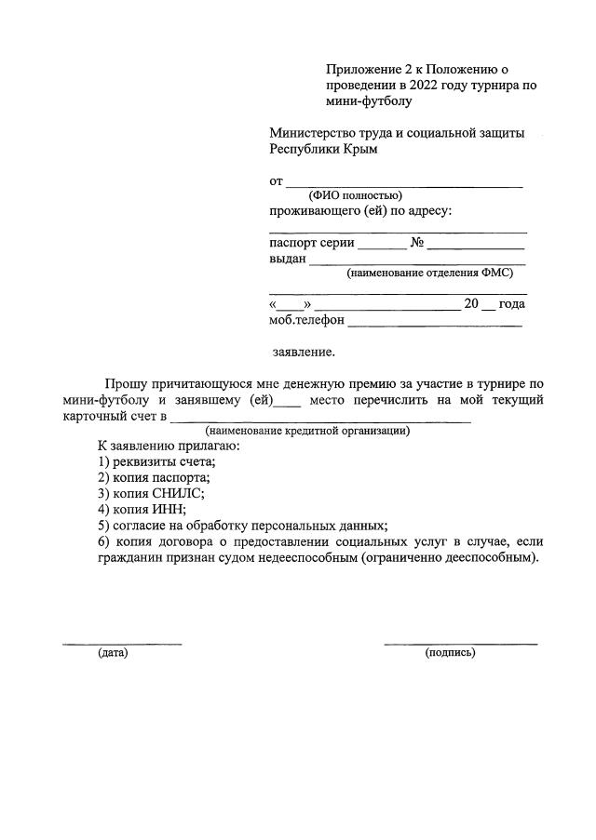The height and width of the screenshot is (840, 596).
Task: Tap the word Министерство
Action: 313,133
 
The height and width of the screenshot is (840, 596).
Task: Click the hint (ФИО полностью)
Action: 355,195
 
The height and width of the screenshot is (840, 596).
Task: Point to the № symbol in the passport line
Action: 417,243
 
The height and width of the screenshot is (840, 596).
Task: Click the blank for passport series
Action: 383,247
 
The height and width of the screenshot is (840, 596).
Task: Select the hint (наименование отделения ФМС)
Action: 429,273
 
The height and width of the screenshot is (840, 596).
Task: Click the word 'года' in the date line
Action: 512,304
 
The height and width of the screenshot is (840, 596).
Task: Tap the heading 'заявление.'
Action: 304,353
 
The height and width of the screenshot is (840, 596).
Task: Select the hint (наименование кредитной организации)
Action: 307,431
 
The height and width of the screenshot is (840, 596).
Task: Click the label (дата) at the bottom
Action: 113,653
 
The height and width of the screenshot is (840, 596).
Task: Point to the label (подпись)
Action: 450,653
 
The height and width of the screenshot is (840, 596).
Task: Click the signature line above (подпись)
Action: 460,643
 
